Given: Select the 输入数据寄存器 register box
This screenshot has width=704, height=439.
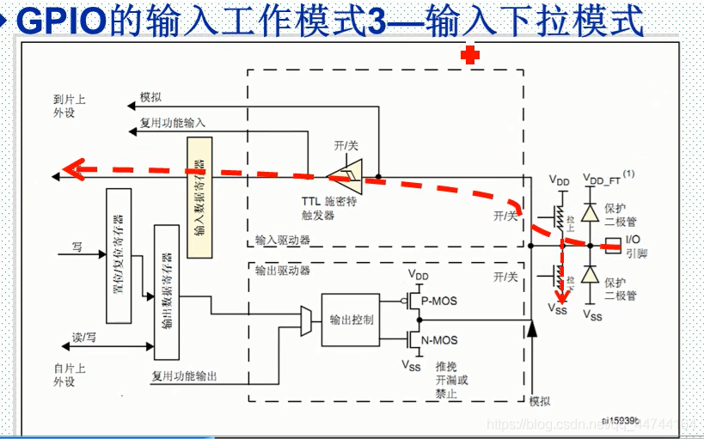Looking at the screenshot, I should coord(199,197).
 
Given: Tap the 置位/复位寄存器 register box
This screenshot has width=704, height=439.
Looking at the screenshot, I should coord(118,255).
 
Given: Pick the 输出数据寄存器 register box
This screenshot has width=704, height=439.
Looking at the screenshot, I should coord(166,292).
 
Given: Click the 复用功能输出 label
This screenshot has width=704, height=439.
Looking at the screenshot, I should coord(184,375).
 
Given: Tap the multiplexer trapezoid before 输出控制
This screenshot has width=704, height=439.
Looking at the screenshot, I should coord(307,320).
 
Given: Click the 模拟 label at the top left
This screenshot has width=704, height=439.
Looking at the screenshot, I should coord(150,97).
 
